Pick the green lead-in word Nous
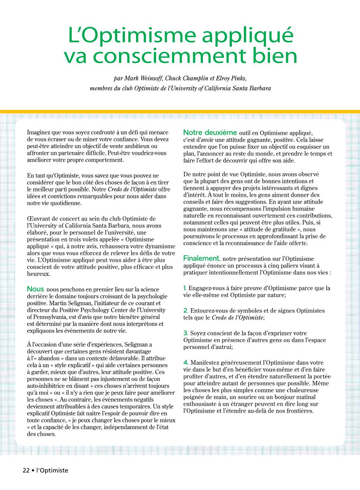(x=35, y=289)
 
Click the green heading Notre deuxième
(x=210, y=132)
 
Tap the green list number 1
(x=185, y=288)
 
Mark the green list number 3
(x=185, y=333)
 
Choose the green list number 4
(x=186, y=363)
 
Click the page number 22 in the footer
(x=26, y=470)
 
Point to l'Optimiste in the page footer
(x=52, y=470)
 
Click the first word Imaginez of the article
(x=38, y=132)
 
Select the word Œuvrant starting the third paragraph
(x=38, y=219)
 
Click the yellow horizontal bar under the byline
(x=180, y=112)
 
